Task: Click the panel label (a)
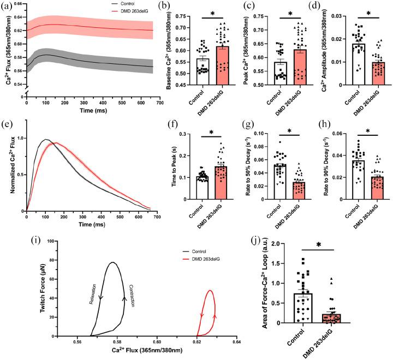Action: click(x=7, y=6)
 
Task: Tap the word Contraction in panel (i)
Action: click(x=132, y=296)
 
